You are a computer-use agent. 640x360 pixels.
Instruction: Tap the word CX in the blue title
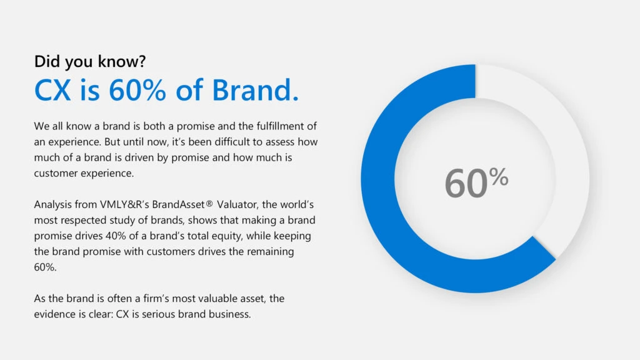(x=53, y=91)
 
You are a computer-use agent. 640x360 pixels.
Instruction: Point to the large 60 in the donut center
(x=466, y=184)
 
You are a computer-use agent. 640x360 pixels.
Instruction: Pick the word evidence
(x=56, y=314)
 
